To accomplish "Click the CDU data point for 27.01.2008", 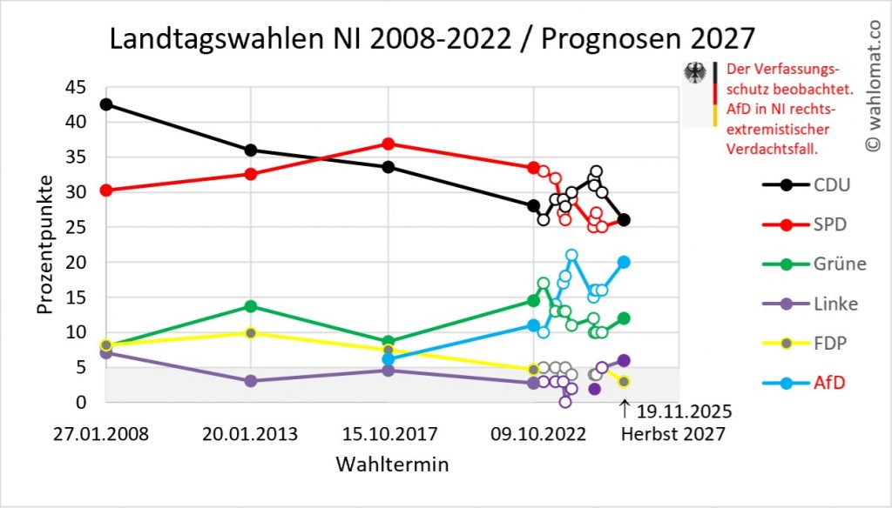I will (x=106, y=104).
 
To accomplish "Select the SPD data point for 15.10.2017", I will (x=389, y=144).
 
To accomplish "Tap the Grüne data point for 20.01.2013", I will (x=251, y=306).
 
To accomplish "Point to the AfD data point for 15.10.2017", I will (x=389, y=358).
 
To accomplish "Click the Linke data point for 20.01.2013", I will (x=251, y=381).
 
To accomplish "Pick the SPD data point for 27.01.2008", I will (x=106, y=190).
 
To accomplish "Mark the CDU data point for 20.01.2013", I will (x=251, y=150).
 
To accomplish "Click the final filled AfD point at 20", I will (x=624, y=262).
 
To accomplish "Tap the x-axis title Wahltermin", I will (x=392, y=465).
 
